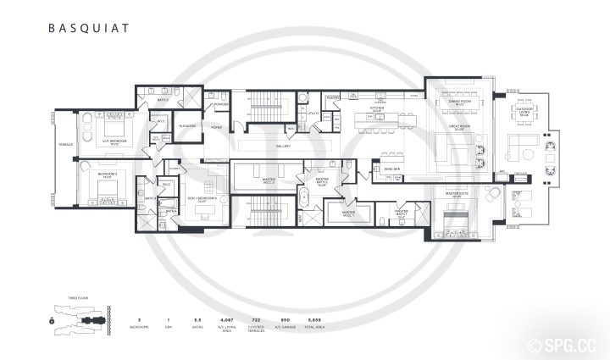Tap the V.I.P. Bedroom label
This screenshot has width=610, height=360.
click(113, 141)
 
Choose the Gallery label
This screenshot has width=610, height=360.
click(282, 146)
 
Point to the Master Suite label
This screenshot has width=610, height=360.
click(457, 194)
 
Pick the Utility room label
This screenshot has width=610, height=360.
click(313, 113)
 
